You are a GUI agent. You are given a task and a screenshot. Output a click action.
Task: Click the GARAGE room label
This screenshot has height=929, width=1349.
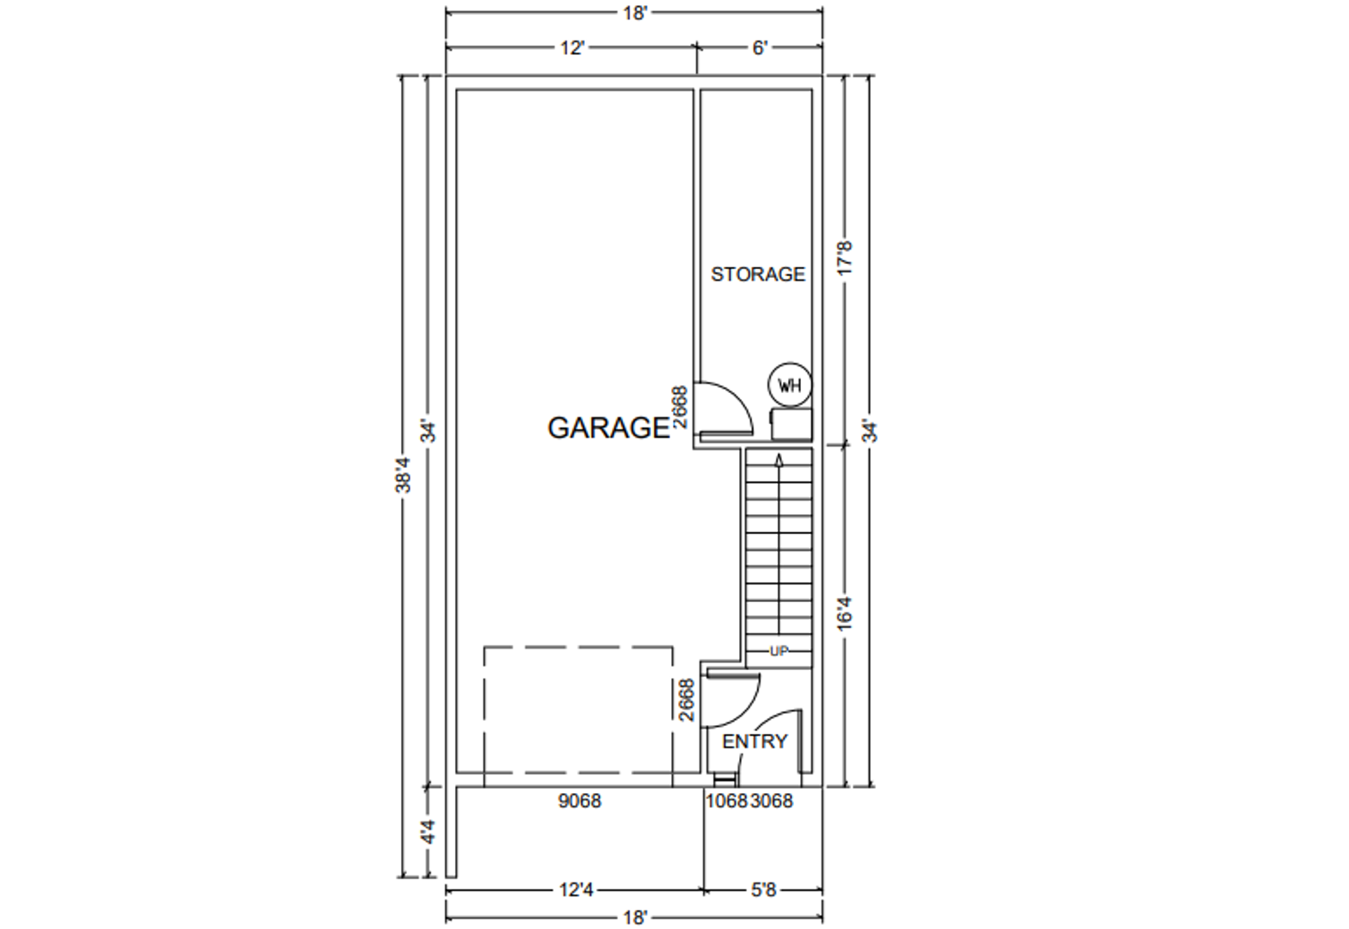click(608, 428)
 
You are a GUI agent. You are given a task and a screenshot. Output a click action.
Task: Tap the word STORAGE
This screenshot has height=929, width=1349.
click(758, 274)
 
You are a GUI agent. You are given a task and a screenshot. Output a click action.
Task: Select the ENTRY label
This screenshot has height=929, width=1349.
click(755, 741)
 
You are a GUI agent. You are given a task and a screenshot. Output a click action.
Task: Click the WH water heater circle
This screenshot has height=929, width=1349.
click(790, 385)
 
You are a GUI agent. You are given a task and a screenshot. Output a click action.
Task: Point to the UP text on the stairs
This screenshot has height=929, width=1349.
click(779, 651)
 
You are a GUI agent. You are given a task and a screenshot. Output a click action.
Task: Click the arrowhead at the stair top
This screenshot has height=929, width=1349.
click(779, 460)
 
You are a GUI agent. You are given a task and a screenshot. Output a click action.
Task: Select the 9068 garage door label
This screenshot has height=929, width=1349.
click(579, 801)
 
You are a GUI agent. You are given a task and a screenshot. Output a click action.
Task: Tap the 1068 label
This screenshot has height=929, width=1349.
click(726, 801)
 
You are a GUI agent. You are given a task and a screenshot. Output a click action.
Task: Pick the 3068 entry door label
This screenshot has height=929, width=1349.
click(772, 801)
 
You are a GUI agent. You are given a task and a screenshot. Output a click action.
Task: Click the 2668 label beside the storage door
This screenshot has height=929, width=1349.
click(679, 406)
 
